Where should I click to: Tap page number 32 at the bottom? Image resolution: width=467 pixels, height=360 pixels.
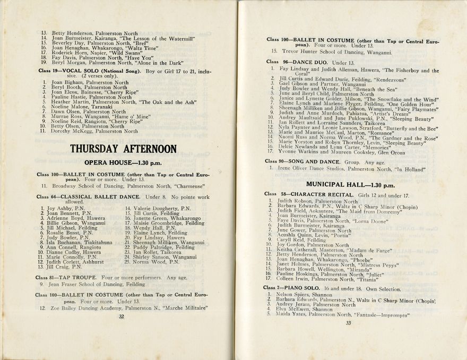pyautogui.click(x=122, y=316)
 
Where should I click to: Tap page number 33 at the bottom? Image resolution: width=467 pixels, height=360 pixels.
pyautogui.click(x=348, y=322)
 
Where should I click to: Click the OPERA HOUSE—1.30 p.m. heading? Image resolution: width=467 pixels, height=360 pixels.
pyautogui.click(x=123, y=162)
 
